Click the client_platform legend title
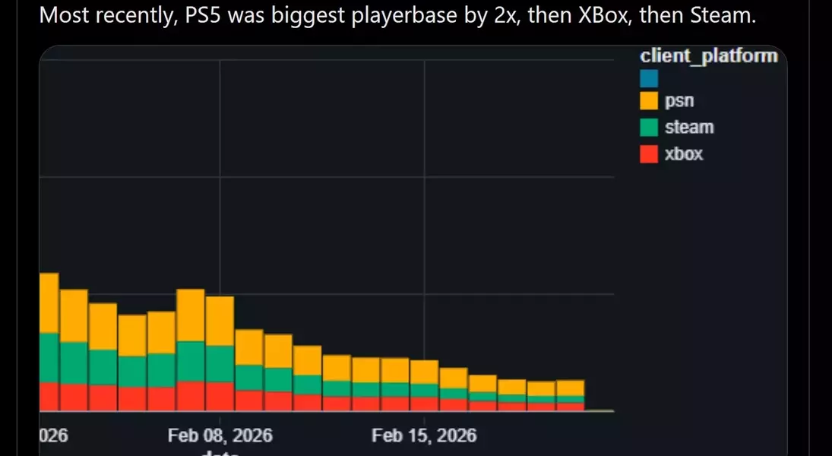(708, 55)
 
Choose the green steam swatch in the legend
(649, 128)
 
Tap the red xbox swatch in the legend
(649, 154)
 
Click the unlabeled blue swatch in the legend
(649, 78)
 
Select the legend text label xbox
(684, 154)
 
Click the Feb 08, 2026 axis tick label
(220, 435)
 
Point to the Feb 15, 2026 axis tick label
(424, 435)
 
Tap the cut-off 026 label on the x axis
(53, 435)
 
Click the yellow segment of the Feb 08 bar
(220, 321)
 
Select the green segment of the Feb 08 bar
(220, 363)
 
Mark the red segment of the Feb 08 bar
(220, 396)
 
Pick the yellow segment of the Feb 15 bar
(424, 372)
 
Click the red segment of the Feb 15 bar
(424, 404)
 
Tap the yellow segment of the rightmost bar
(570, 388)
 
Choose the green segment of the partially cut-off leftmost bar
(49, 357)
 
